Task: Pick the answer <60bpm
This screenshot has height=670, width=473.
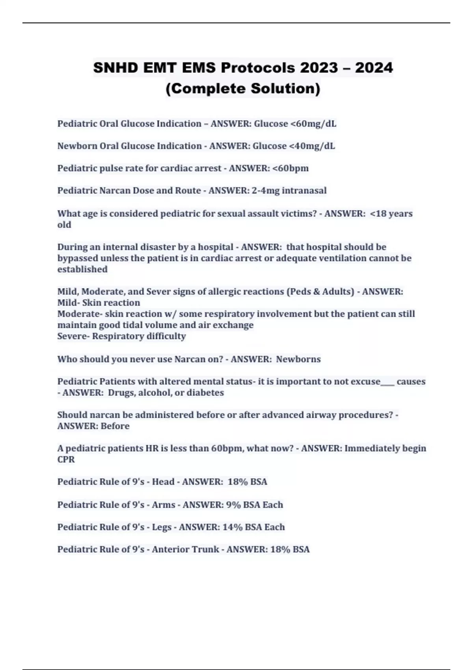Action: pyautogui.click(x=291, y=168)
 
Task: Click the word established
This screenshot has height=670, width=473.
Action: pyautogui.click(x=82, y=270)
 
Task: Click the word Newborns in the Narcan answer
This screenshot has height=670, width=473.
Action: pyautogui.click(x=298, y=359)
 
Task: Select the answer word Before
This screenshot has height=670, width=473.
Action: pyautogui.click(x=115, y=426)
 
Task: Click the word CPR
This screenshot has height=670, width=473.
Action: pyautogui.click(x=66, y=460)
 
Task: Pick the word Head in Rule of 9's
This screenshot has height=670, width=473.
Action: pyautogui.click(x=163, y=482)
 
